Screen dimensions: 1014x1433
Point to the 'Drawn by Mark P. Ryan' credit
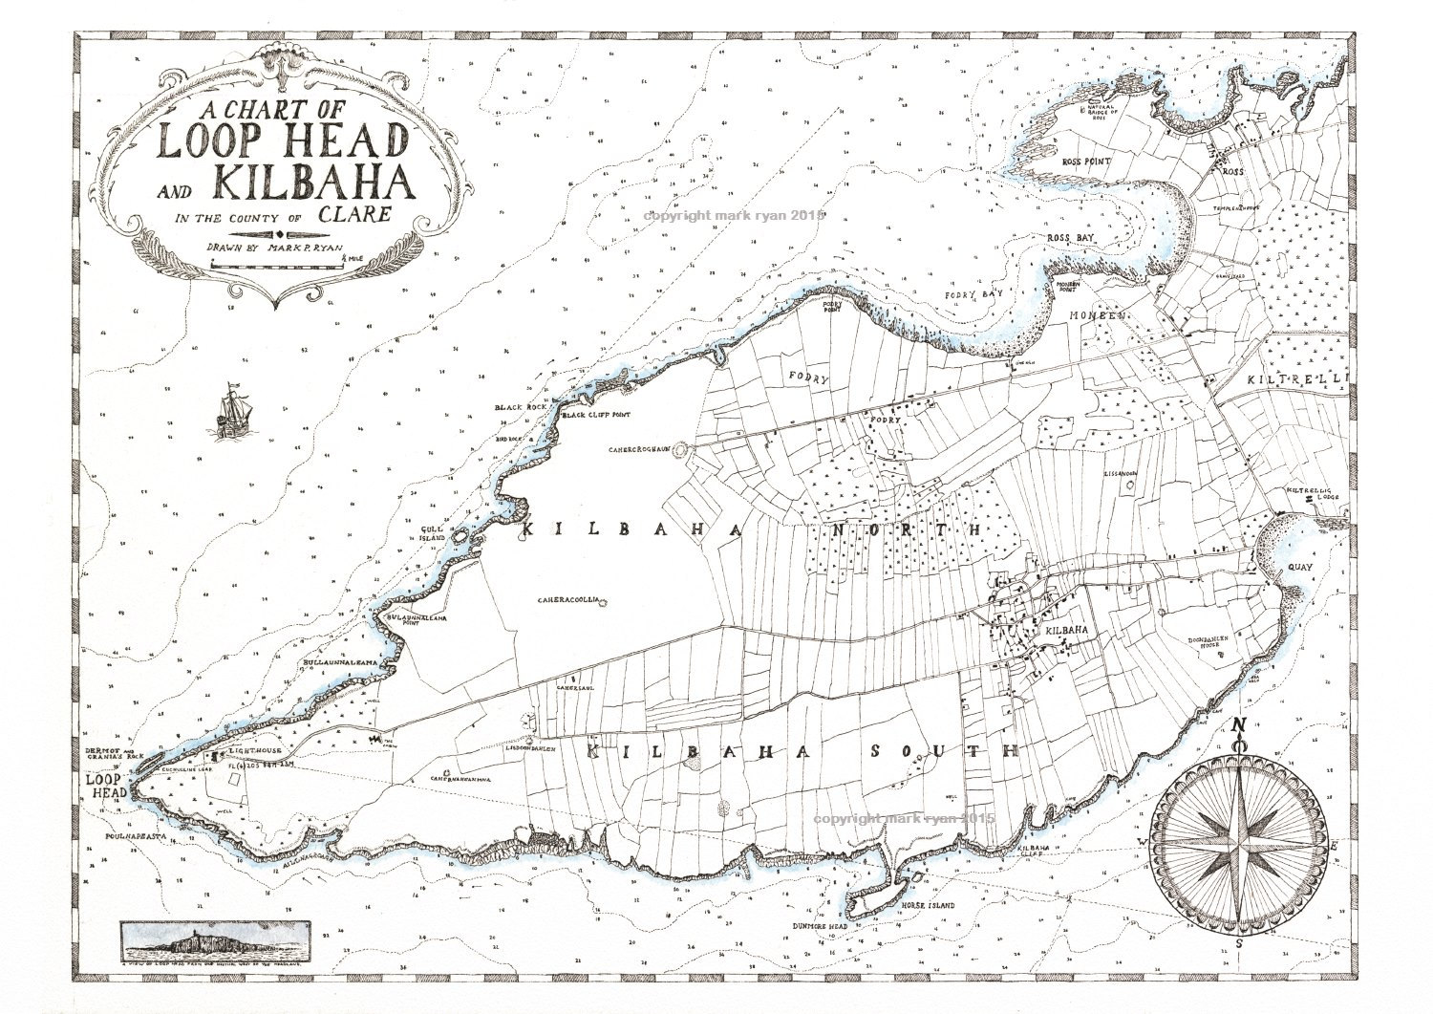click(268, 247)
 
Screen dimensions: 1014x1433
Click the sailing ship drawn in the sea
click(230, 412)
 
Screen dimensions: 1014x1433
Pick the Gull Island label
click(435, 533)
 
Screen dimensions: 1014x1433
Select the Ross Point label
click(1086, 162)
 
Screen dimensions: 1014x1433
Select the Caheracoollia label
click(567, 600)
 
